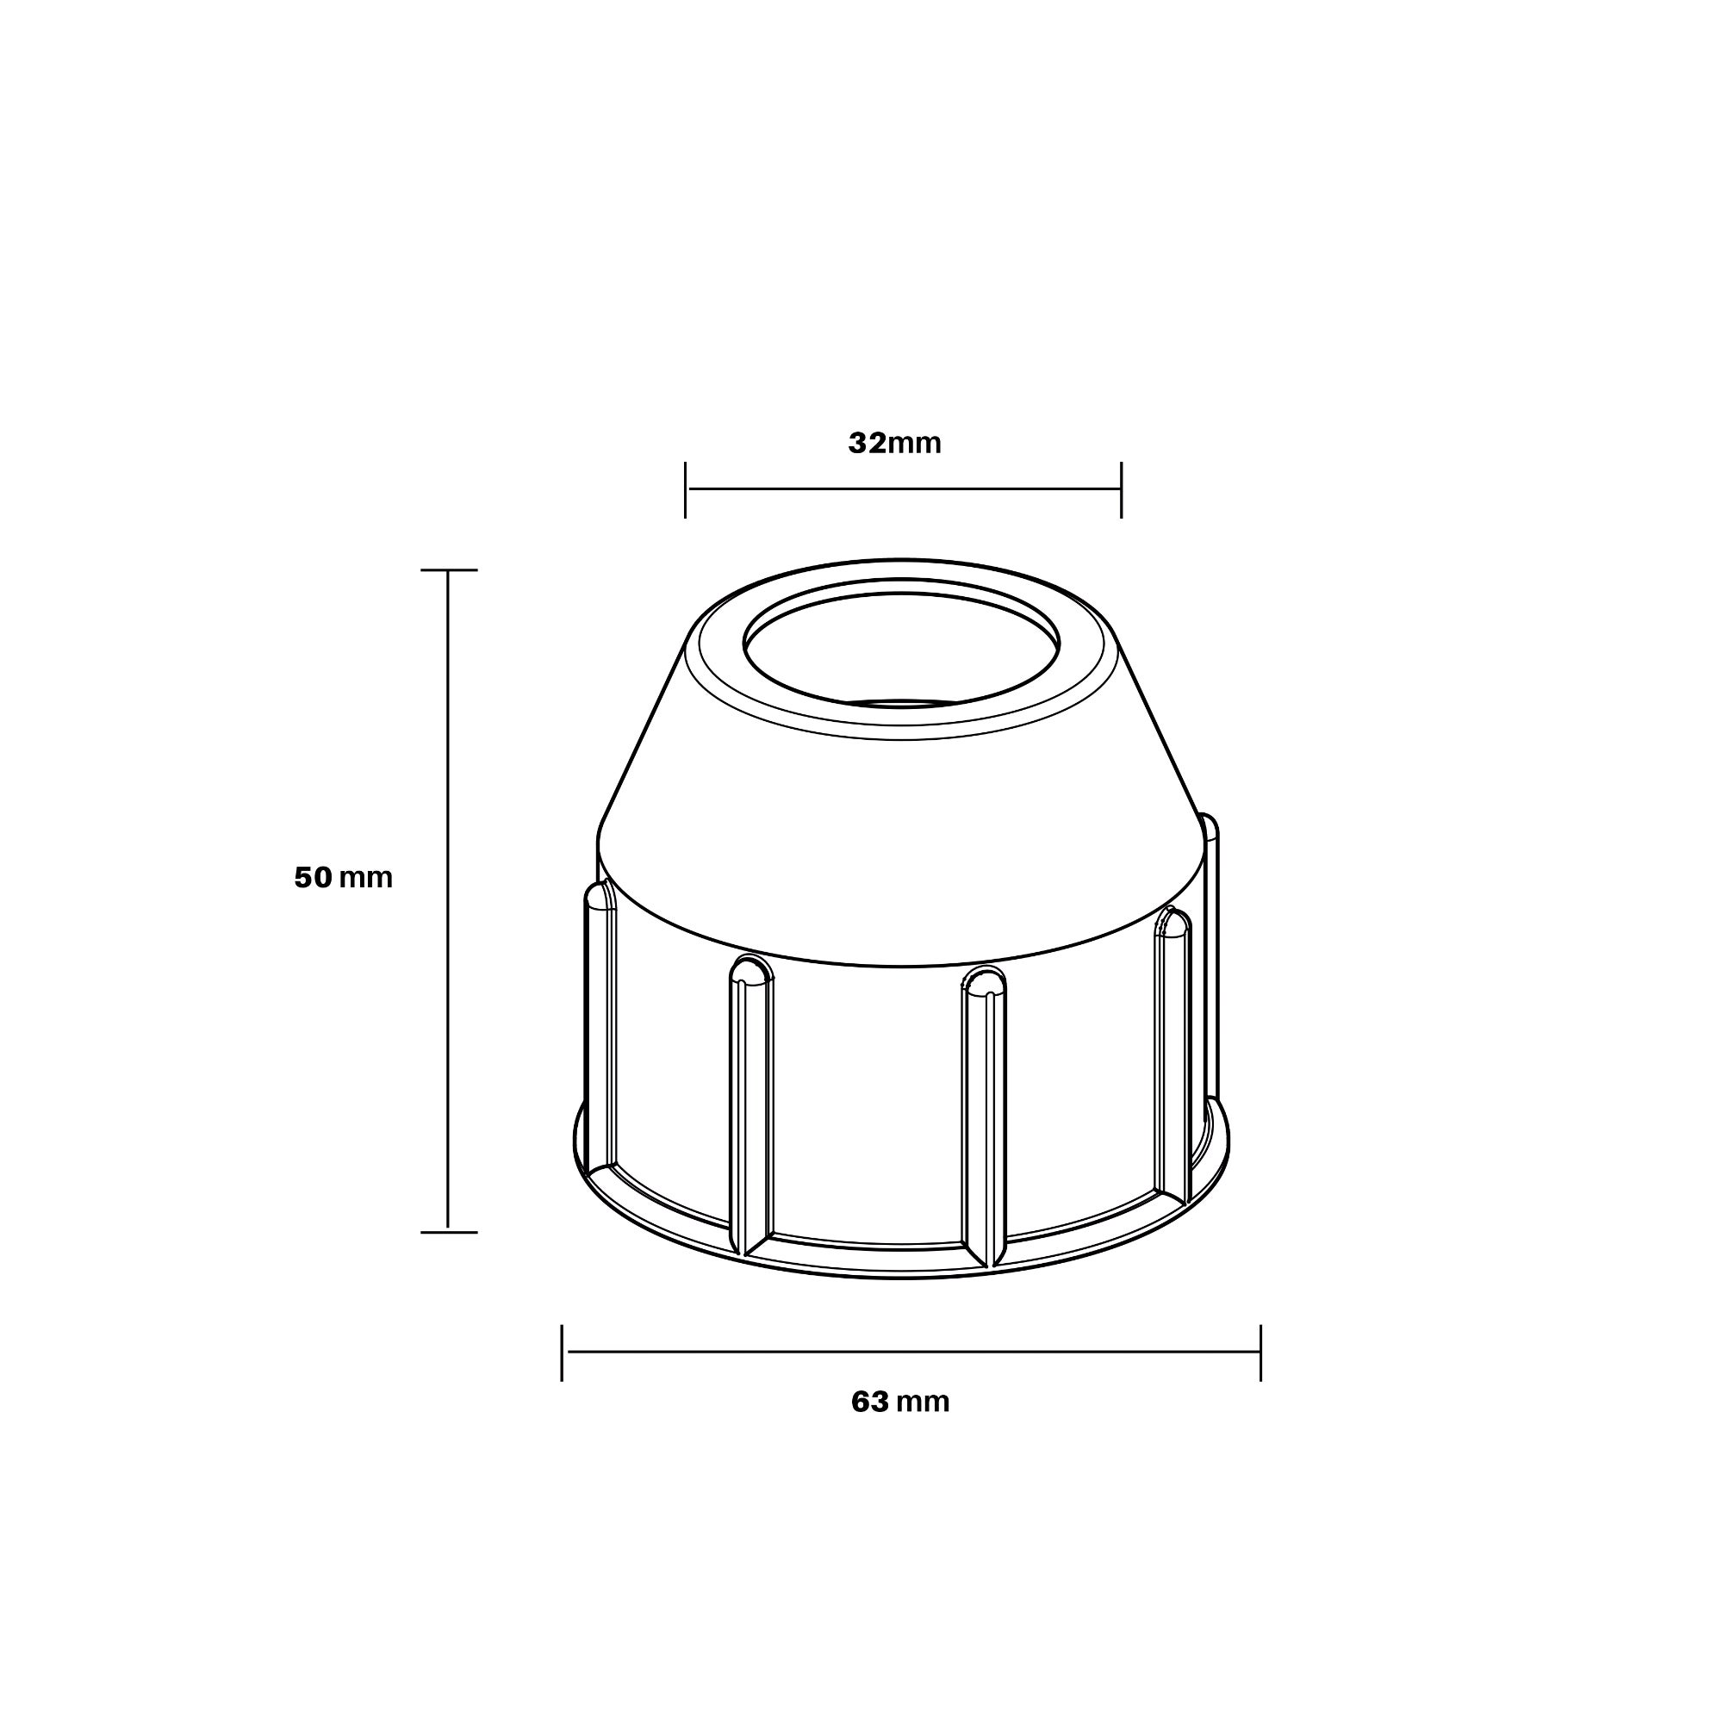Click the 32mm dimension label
pyautogui.click(x=894, y=443)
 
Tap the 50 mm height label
pyautogui.click(x=344, y=878)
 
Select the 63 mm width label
pyautogui.click(x=900, y=1402)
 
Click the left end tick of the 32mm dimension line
pyautogui.click(x=685, y=489)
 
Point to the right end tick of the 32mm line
pyautogui.click(x=1121, y=489)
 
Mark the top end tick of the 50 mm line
pyautogui.click(x=449, y=569)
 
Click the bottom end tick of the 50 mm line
pyautogui.click(x=449, y=1233)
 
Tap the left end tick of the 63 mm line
pyautogui.click(x=562, y=1352)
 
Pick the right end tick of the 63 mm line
pyautogui.click(x=1260, y=1352)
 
